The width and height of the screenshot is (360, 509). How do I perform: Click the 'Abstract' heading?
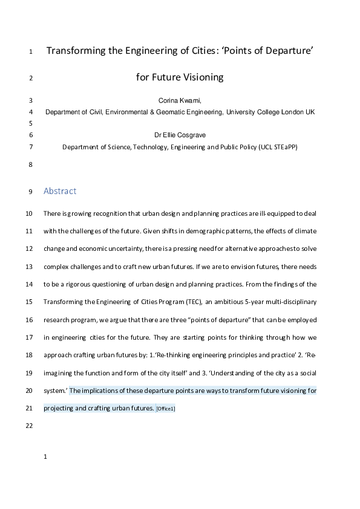[x=60, y=191]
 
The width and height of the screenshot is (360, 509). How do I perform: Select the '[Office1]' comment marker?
[x=165, y=409]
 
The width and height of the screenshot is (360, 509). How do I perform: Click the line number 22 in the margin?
[x=30, y=426]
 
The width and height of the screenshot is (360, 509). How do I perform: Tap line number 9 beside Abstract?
[x=30, y=192]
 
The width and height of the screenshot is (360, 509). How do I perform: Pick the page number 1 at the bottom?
[x=45, y=457]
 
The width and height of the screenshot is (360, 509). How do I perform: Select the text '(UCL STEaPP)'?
[x=278, y=147]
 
